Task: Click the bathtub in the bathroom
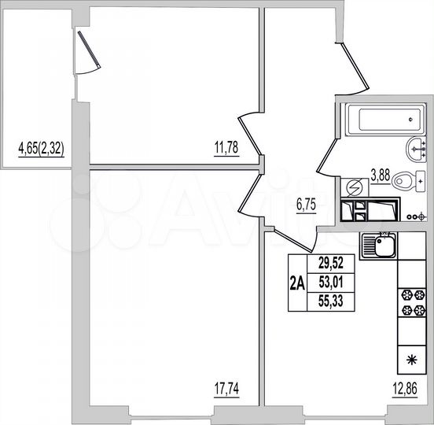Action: tap(383, 120)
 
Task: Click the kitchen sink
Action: tap(380, 248)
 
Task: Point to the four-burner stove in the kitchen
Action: tap(410, 304)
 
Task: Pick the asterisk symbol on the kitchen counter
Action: tap(410, 361)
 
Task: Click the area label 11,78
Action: tap(226, 146)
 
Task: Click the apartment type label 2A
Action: tap(297, 283)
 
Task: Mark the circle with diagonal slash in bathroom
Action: tap(354, 189)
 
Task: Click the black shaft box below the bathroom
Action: tap(370, 211)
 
